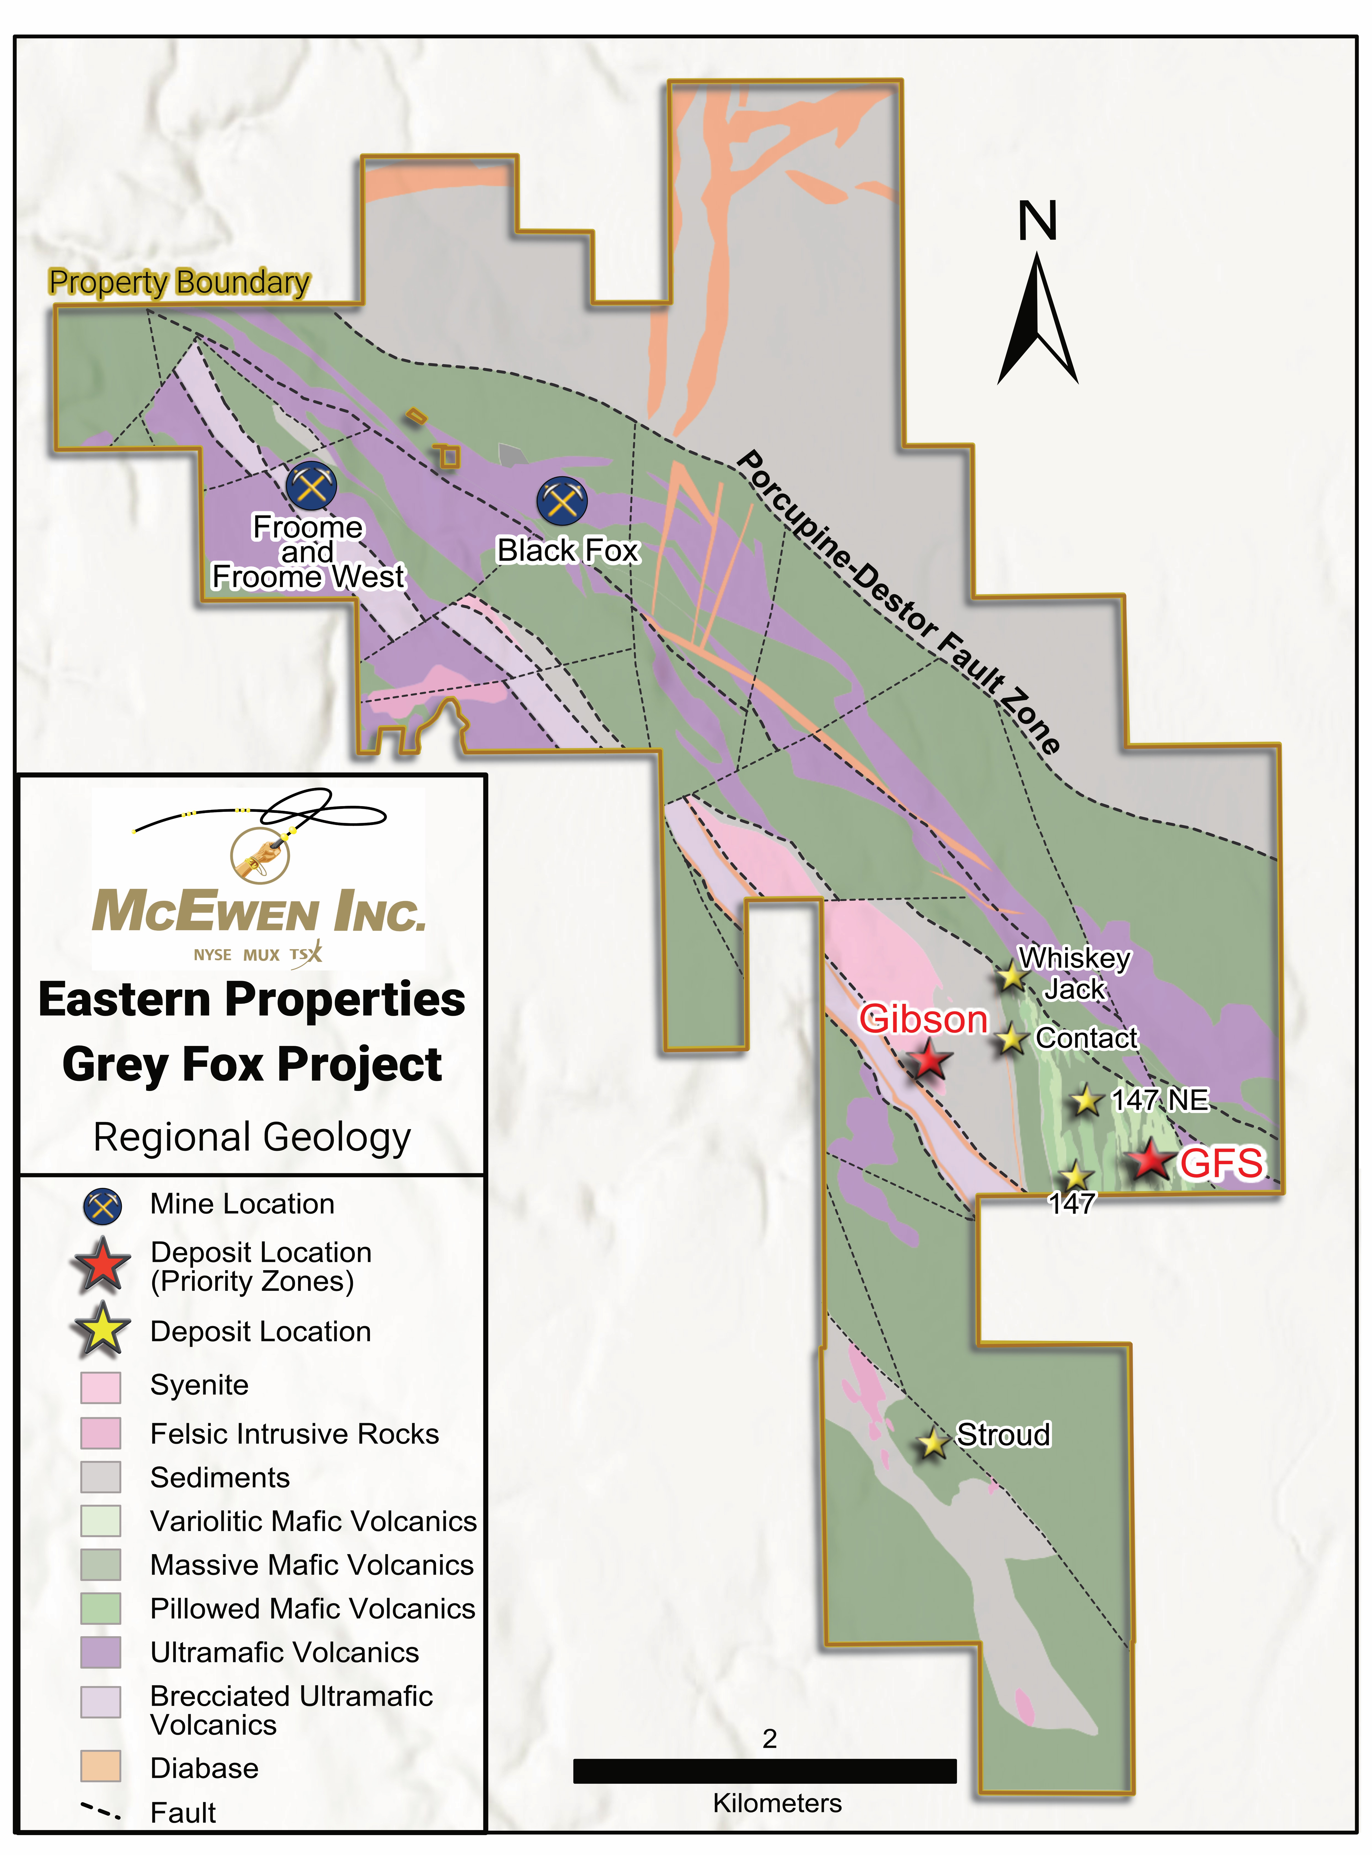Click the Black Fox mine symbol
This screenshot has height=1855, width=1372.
click(562, 501)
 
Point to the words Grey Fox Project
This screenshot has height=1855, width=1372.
click(252, 1064)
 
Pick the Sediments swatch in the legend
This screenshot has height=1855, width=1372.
click(100, 1477)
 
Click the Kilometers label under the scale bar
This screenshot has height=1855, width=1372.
click(777, 1803)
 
